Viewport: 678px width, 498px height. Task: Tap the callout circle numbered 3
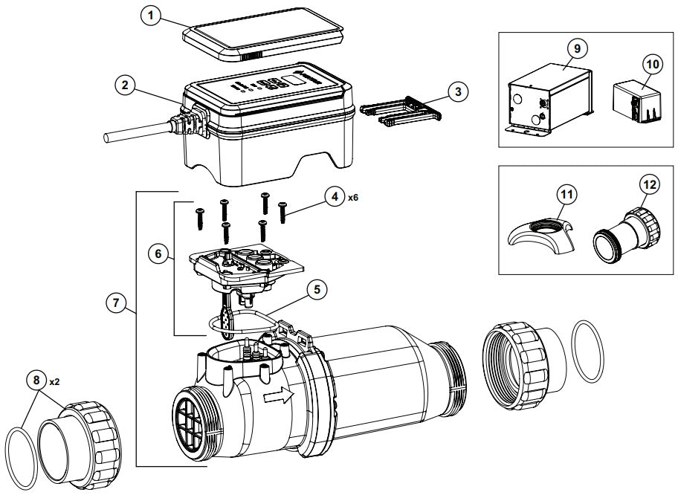[459, 91]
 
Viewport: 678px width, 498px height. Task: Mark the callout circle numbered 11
[567, 195]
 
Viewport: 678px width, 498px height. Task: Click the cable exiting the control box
[134, 136]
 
